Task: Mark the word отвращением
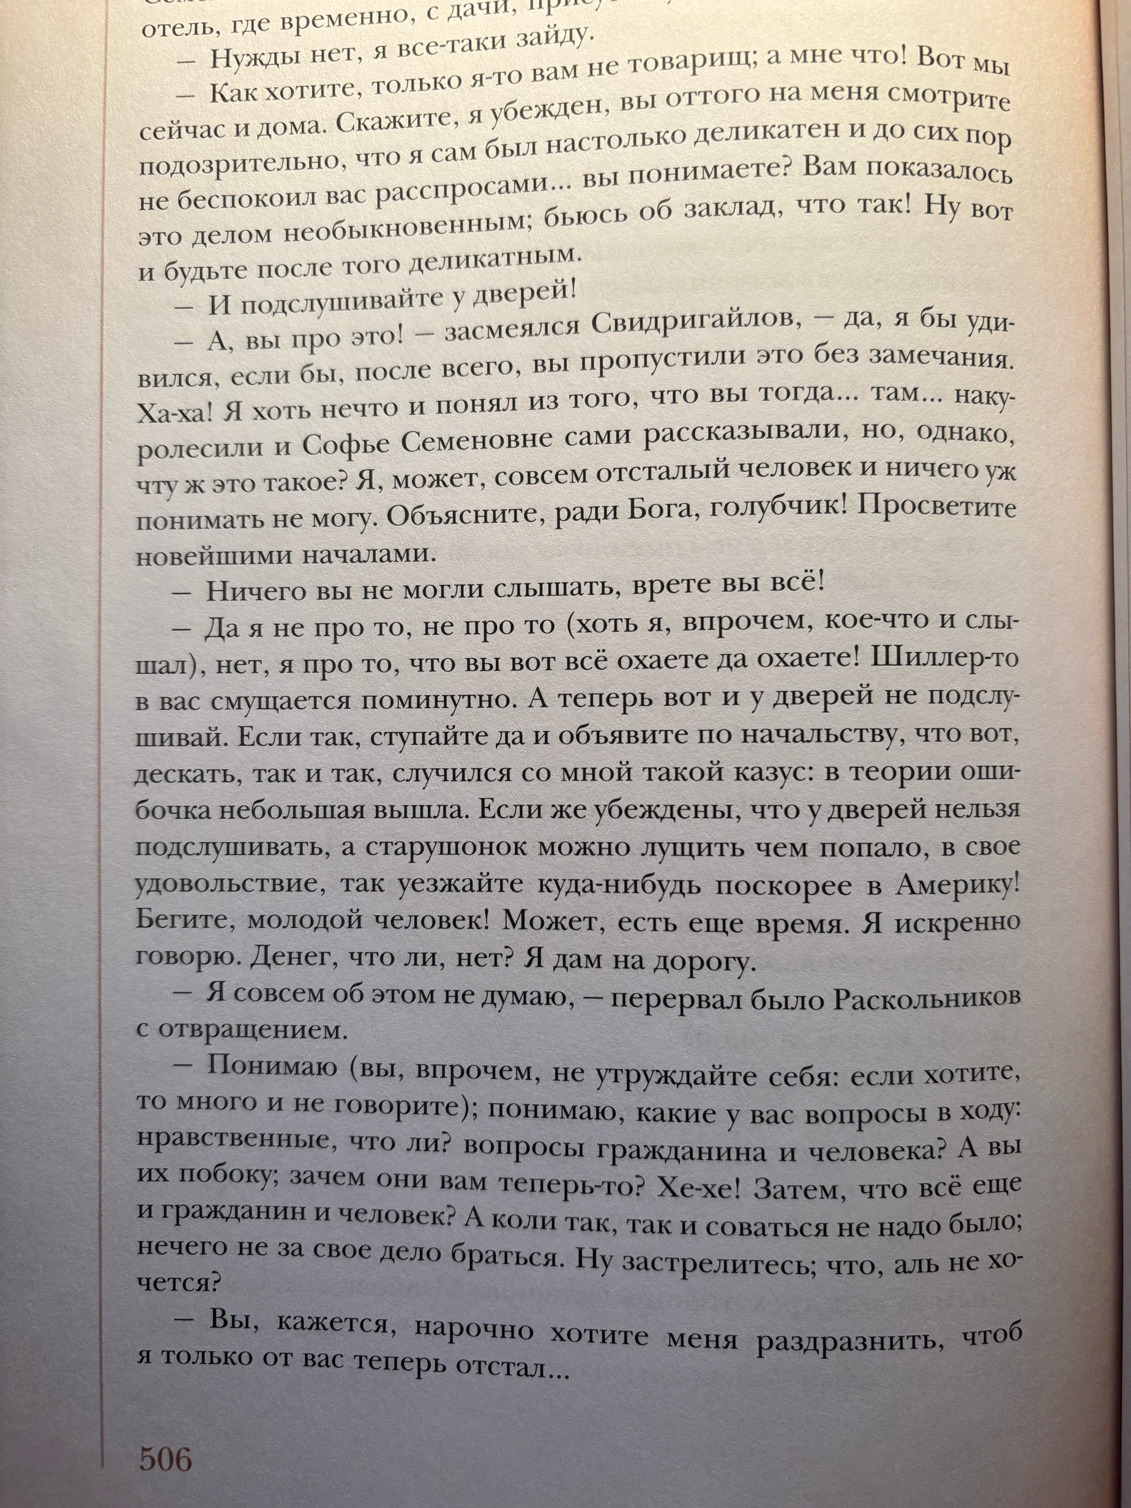pos(253,1031)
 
